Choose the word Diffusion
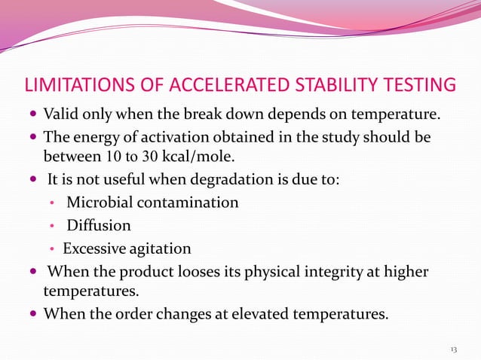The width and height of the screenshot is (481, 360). pos(99,225)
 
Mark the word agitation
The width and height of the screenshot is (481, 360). pos(160,249)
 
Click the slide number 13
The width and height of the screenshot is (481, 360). pos(453,349)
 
